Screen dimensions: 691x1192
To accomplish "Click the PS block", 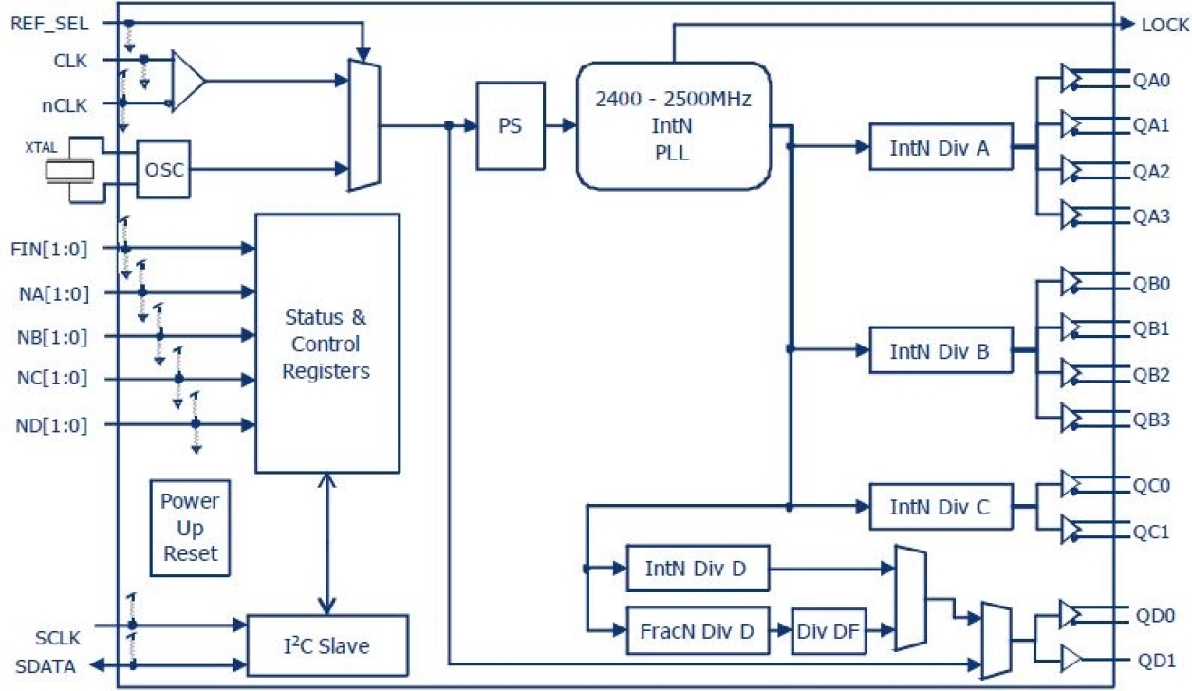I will pyautogui.click(x=511, y=125).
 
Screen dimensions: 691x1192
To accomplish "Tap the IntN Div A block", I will pyautogui.click(x=941, y=147).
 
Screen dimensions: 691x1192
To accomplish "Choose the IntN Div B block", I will pyautogui.click(x=941, y=350).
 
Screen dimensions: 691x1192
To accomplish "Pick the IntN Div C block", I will pyautogui.click(x=941, y=507).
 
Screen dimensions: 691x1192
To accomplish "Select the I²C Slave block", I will pyautogui.click(x=327, y=645).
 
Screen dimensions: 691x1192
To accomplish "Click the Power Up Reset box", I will pyautogui.click(x=190, y=527).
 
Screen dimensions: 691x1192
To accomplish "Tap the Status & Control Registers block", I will pyautogui.click(x=326, y=343).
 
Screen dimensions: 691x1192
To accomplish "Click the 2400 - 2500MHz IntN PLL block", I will pyautogui.click(x=673, y=125).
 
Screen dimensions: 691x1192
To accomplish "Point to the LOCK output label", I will pyautogui.click(x=1164, y=25).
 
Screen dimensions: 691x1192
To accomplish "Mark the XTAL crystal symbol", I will pyautogui.click(x=71, y=170).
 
